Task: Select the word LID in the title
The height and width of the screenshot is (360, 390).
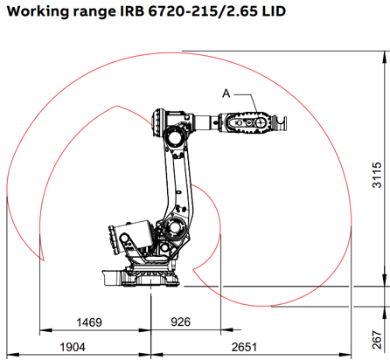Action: [x=268, y=13]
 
